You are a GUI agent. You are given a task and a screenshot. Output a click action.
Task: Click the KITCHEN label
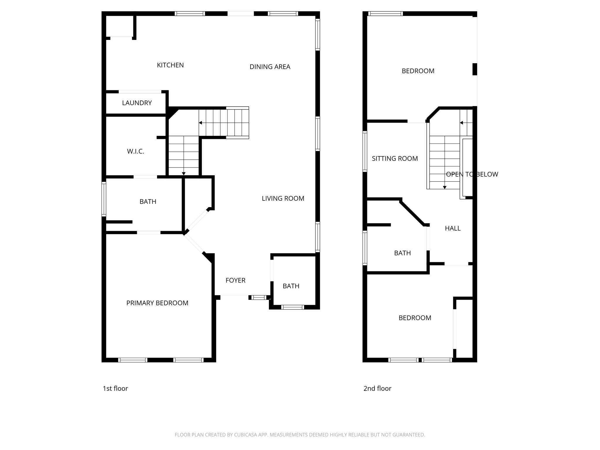point(170,65)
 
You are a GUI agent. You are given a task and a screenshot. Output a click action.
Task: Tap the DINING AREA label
point(270,67)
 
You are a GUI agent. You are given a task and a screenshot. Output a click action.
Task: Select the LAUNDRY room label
point(137,103)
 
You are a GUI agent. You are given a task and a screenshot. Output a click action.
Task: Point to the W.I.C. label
point(135,151)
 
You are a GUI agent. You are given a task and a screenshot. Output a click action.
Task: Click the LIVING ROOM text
point(283,198)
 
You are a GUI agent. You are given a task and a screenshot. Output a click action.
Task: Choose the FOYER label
point(235,280)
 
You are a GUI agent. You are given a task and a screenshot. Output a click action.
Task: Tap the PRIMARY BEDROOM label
point(157,303)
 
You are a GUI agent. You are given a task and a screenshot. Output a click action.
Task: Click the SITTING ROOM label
point(395,158)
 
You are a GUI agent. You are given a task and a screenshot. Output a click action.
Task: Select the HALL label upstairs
point(453,228)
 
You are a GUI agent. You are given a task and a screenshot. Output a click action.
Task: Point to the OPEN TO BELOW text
point(472,174)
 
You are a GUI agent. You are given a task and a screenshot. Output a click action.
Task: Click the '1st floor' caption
point(115,388)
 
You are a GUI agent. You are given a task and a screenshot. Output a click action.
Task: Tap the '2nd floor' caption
point(377,388)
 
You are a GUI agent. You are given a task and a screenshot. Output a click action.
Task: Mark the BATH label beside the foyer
point(291,286)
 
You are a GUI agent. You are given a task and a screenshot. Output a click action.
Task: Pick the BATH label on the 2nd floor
point(402,253)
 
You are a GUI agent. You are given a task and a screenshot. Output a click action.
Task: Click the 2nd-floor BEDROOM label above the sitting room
point(418,71)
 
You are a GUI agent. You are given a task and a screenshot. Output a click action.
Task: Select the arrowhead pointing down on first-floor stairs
point(184,174)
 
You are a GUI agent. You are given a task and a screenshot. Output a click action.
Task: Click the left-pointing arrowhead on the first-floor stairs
point(200,123)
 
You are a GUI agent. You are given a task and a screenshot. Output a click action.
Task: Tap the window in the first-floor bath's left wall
point(104,199)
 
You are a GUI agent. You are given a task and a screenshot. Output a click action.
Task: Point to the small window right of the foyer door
point(259,298)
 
